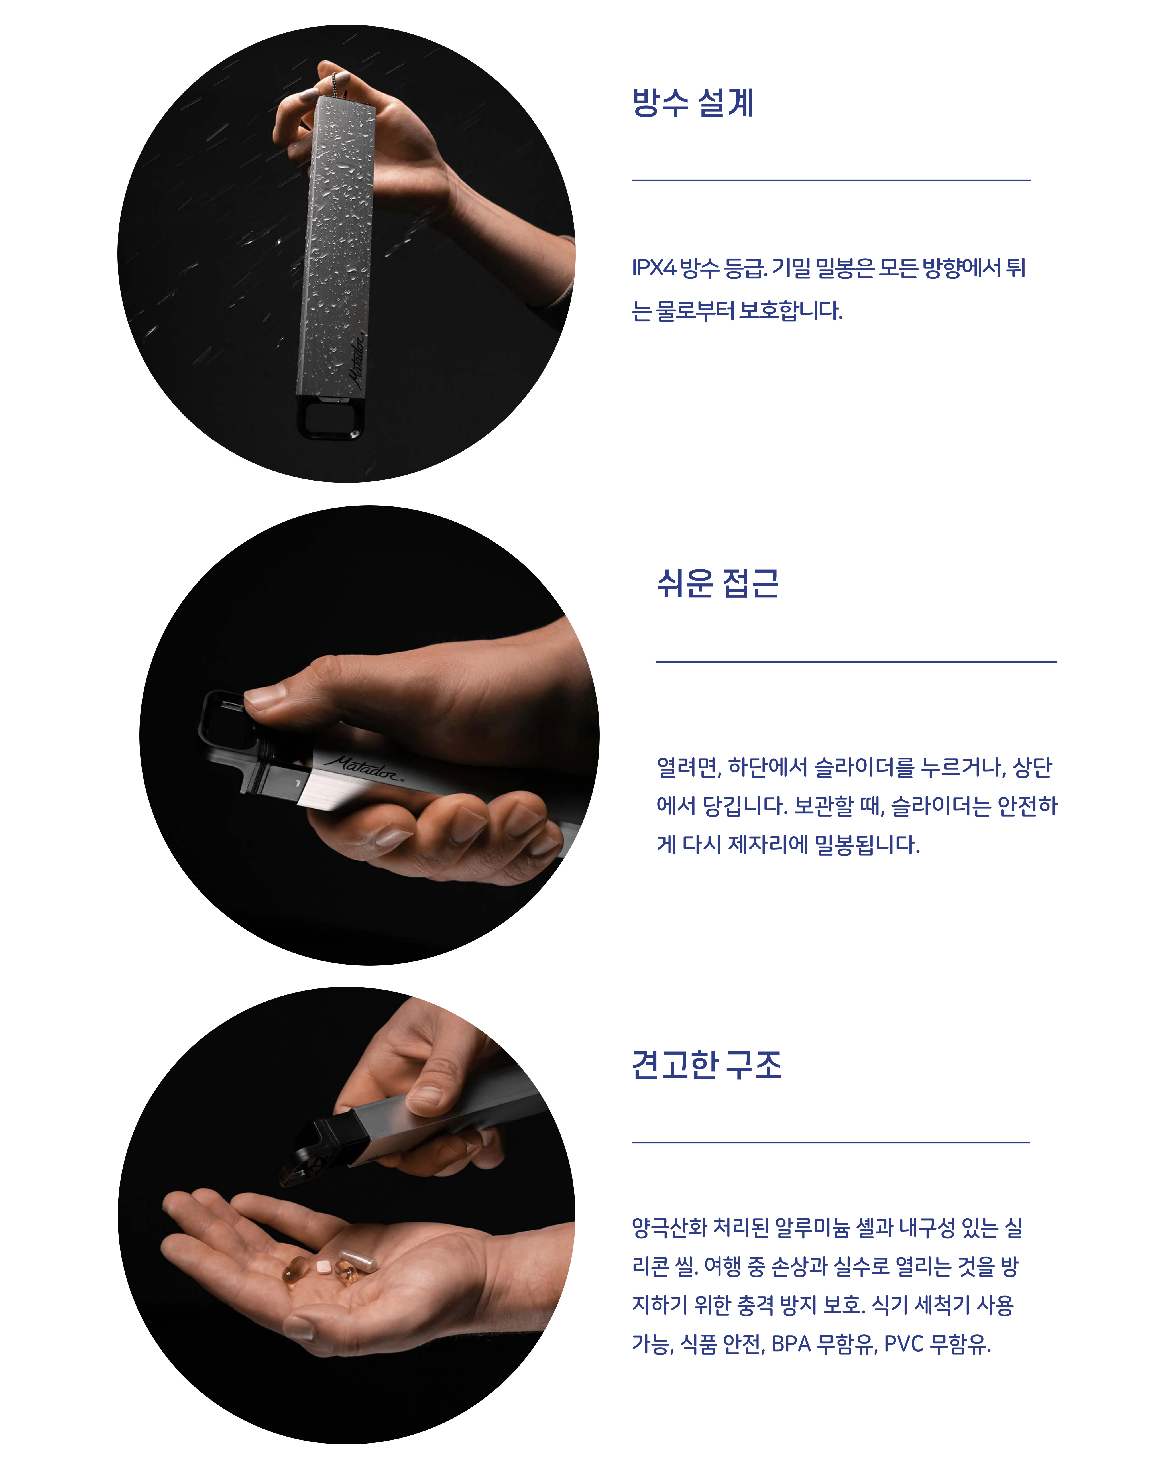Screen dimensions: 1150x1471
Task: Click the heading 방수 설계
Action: click(x=693, y=102)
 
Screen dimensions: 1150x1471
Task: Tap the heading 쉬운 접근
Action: click(x=718, y=583)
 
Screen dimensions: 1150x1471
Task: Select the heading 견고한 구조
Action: click(x=706, y=1065)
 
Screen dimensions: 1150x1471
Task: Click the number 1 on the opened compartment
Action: click(x=297, y=783)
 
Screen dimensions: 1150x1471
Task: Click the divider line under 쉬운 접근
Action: click(x=856, y=662)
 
